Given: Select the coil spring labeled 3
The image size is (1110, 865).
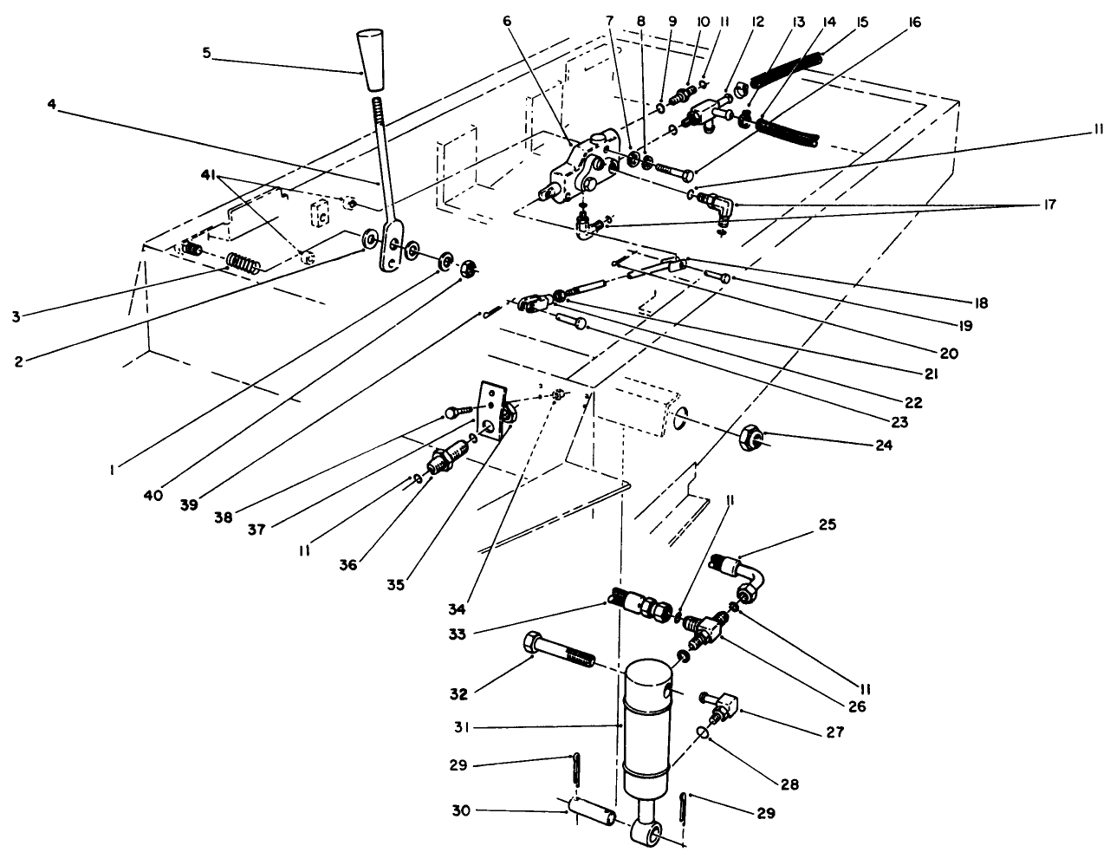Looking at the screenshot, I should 243,261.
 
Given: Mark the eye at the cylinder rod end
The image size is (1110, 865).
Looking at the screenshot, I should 649,833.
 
